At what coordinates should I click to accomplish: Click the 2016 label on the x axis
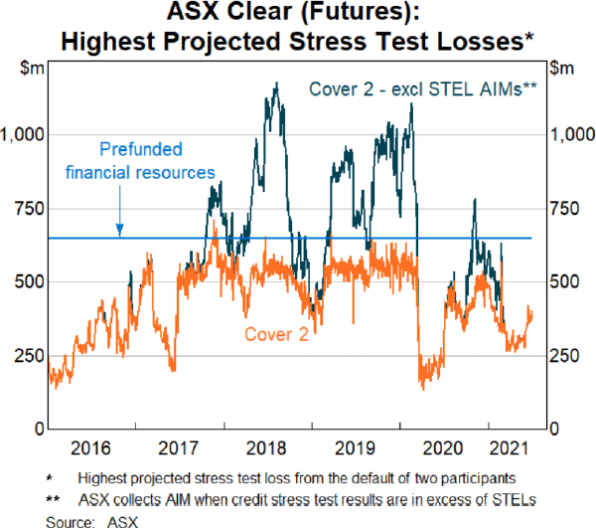pos(88,446)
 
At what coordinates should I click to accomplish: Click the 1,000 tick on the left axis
pos(23,134)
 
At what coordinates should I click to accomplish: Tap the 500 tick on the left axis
pos(28,282)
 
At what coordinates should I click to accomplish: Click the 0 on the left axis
pos(36,430)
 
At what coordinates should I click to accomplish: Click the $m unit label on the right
pos(562,68)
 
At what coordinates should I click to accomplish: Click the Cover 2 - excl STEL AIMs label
pos(423,88)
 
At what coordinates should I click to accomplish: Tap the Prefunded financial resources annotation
pos(141,161)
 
